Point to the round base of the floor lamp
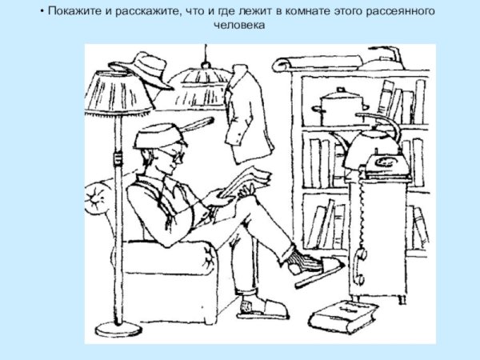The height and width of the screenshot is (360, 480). click(x=118, y=328)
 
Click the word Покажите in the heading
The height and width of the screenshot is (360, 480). click(x=70, y=11)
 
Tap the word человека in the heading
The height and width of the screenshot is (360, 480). click(x=239, y=25)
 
